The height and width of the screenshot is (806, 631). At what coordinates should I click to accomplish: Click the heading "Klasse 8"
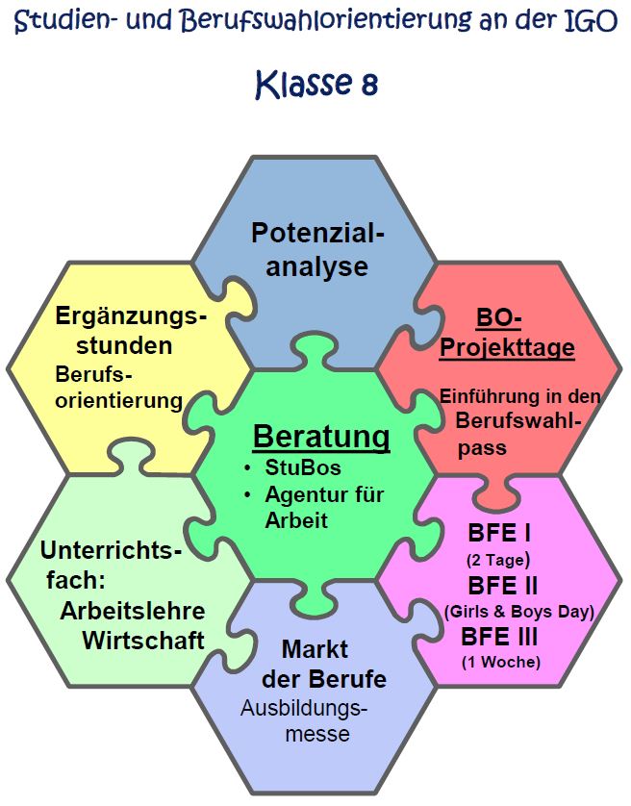[315, 85]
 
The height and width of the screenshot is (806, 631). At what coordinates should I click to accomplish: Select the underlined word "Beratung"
[321, 438]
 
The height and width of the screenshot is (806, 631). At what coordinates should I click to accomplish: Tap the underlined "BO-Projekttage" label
[506, 333]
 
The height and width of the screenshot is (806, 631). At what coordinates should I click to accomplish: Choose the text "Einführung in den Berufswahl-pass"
[507, 421]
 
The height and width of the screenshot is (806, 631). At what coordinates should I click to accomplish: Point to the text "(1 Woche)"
[501, 662]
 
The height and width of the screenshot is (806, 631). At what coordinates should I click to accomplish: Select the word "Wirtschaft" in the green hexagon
[143, 640]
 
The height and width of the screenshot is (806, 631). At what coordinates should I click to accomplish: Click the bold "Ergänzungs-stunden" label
[130, 330]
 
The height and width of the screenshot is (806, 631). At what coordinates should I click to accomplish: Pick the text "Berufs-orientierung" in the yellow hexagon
[118, 387]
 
